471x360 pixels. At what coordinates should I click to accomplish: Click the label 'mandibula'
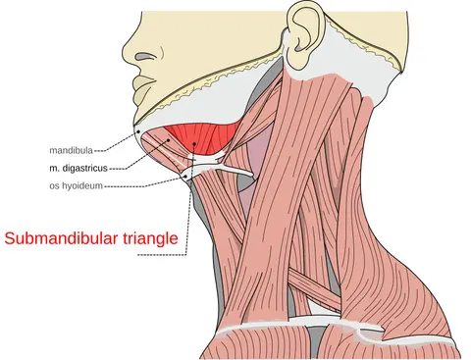(x=71, y=150)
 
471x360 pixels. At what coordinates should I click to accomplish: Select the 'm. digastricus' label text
(x=78, y=169)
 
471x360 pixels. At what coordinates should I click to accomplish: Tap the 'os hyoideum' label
(x=76, y=186)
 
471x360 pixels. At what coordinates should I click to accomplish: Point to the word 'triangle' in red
(x=150, y=239)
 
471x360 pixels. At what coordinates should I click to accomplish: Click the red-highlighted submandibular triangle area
(x=203, y=137)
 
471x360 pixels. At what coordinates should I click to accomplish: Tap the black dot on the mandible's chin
(x=138, y=131)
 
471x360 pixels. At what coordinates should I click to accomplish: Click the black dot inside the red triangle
(x=194, y=143)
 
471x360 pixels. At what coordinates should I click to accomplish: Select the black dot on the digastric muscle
(x=169, y=140)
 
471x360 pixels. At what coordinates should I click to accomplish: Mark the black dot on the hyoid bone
(x=186, y=177)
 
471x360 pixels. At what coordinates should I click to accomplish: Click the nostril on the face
(x=144, y=57)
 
